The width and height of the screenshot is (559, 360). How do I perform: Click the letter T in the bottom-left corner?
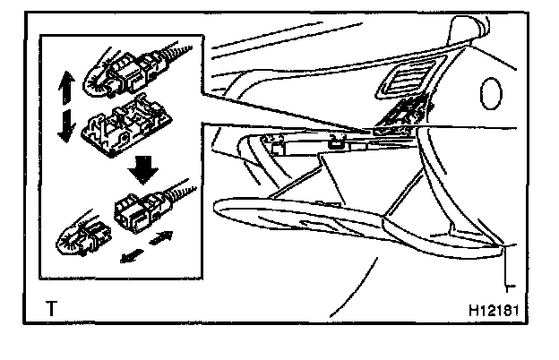(52, 310)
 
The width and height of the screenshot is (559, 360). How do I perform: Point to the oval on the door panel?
(491, 91)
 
